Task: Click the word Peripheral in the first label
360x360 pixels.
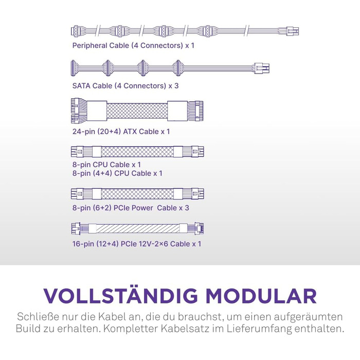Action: (x=89, y=46)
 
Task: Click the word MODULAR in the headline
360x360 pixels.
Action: (x=261, y=296)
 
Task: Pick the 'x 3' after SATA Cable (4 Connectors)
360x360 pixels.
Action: (x=173, y=86)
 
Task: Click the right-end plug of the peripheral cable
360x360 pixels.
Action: (x=292, y=31)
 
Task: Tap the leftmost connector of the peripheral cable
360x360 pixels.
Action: (x=76, y=31)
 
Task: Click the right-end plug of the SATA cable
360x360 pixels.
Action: (x=262, y=68)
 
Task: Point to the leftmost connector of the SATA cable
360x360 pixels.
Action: (x=73, y=68)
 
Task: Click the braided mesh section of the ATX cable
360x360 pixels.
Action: (x=137, y=111)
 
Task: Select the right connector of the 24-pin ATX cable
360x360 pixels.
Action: (x=195, y=111)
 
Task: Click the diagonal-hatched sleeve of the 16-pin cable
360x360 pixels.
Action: (x=138, y=228)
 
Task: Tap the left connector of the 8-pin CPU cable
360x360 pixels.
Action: (x=77, y=152)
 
